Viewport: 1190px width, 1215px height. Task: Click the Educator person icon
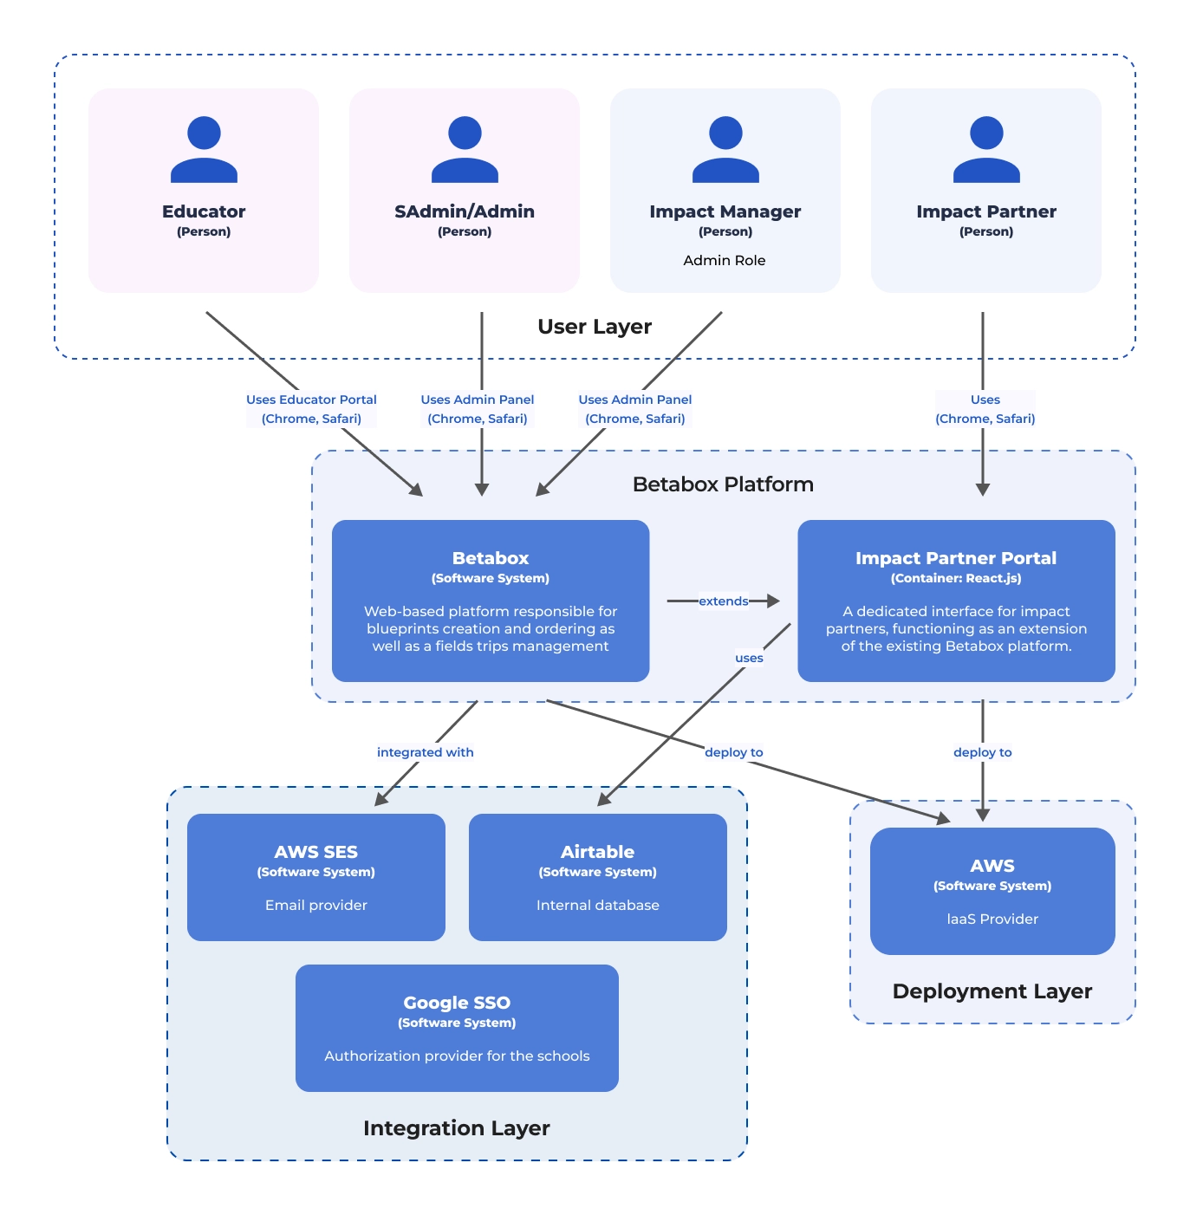[x=204, y=149]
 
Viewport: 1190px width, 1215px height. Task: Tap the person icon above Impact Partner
[x=985, y=149]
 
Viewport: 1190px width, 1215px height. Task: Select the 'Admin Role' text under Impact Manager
[x=724, y=260]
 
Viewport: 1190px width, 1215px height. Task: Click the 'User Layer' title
[x=594, y=327]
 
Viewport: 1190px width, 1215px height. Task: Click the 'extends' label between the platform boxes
[x=723, y=601]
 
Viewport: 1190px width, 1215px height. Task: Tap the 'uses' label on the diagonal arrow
[x=749, y=658]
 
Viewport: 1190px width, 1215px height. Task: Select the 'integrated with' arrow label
[x=425, y=752]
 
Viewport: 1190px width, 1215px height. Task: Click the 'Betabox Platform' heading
[x=723, y=484]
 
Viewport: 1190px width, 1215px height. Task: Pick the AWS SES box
[x=316, y=877]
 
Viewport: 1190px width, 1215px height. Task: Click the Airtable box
[x=597, y=877]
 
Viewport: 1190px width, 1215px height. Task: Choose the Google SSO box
[x=457, y=1028]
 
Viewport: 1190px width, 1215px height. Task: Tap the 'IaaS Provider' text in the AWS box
[x=992, y=919]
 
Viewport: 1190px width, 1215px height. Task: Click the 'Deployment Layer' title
[x=992, y=991]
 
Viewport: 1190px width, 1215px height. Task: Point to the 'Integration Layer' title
[x=457, y=1128]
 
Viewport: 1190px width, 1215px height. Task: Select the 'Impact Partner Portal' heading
[x=955, y=558]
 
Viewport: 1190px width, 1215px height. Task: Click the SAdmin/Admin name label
[x=465, y=211]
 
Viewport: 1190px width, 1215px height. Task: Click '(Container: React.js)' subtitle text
[x=955, y=578]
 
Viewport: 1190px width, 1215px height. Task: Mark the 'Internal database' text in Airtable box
[x=597, y=905]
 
